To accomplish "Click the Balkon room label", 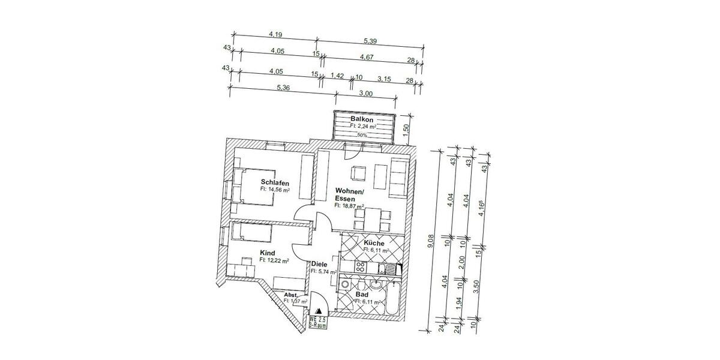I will tap(362, 119).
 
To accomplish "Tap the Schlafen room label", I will tap(275, 182).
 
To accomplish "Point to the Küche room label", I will tap(373, 243).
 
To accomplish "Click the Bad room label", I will tap(362, 295).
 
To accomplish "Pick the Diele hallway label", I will tap(319, 264).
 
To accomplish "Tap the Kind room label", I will tap(268, 253).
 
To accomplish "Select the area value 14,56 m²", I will tap(275, 190).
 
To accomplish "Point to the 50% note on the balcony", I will tap(362, 136).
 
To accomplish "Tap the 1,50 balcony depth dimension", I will tap(406, 128).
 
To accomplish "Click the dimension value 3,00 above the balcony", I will tap(365, 93).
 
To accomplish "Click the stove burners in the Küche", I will tap(362, 268).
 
